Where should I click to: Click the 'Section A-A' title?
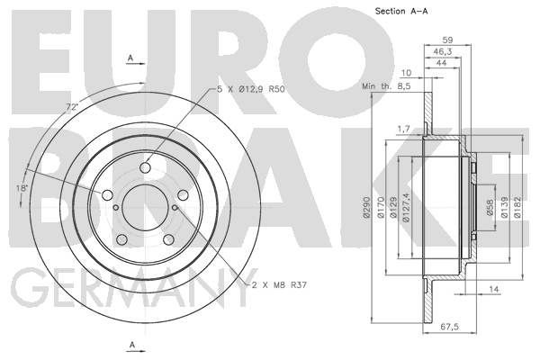[x=401, y=11]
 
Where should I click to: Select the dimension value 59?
[x=447, y=40]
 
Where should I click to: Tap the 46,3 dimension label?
[x=442, y=51]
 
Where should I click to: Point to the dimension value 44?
[x=441, y=63]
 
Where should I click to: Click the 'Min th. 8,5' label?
[x=386, y=86]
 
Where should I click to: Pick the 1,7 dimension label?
[x=404, y=130]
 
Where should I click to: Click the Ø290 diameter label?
[x=366, y=207]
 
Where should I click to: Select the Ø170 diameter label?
[x=381, y=207]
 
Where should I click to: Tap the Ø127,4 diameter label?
[x=407, y=207]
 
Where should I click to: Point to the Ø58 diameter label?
[x=490, y=208]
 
